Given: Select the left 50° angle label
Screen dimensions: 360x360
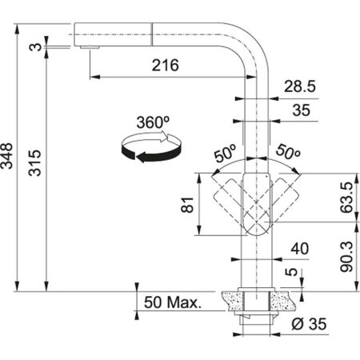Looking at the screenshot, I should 223,153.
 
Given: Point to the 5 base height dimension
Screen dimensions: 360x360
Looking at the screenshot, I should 298,276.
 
